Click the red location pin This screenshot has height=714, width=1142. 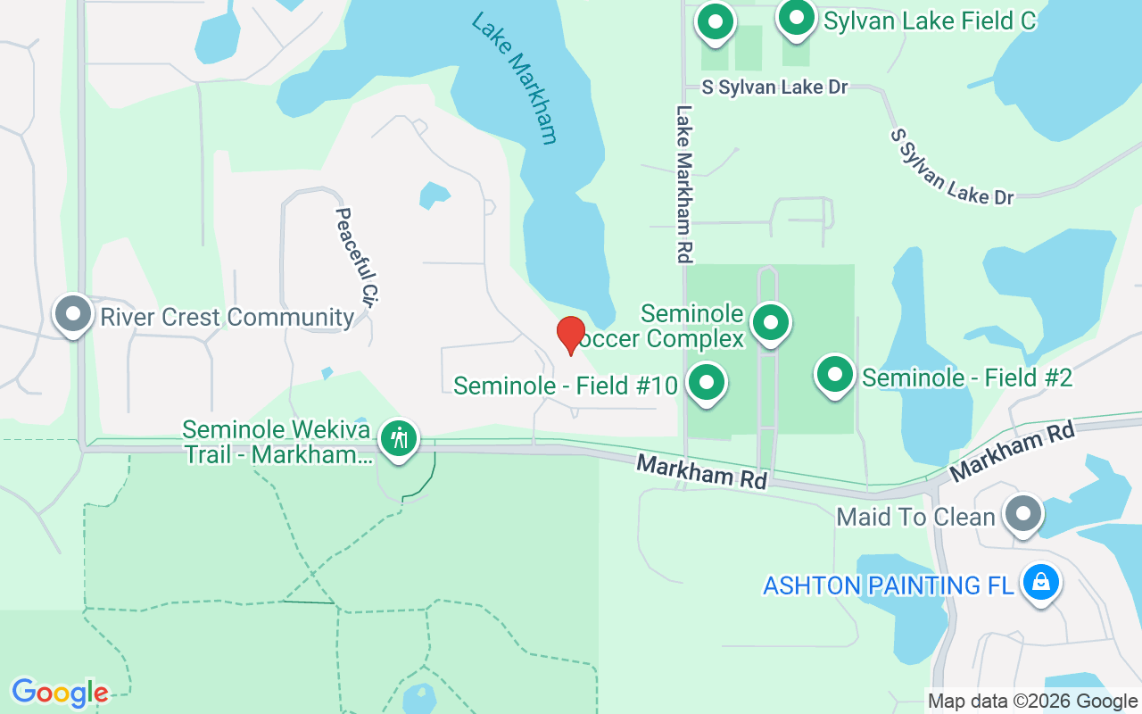click(x=571, y=335)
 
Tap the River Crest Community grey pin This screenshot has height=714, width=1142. click(x=72, y=314)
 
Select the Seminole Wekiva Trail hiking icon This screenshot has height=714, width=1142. click(x=398, y=438)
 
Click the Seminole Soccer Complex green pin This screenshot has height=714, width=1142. click(x=770, y=323)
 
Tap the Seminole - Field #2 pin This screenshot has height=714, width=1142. click(x=835, y=376)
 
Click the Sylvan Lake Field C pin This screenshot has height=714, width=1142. click(x=797, y=19)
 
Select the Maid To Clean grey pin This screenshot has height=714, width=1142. click(x=1023, y=514)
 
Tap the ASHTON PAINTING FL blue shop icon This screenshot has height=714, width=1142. click(x=1040, y=583)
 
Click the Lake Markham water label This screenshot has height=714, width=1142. click(x=515, y=77)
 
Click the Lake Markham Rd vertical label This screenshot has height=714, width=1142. click(x=684, y=184)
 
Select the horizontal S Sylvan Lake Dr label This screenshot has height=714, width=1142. click(x=774, y=87)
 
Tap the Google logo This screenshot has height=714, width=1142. click(x=60, y=693)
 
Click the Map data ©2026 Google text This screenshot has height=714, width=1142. click(x=1032, y=702)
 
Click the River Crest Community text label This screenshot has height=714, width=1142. click(x=228, y=317)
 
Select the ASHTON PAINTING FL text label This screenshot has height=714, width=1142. click(x=889, y=585)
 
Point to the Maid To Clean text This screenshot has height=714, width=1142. click(x=915, y=517)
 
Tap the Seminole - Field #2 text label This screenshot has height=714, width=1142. click(x=967, y=378)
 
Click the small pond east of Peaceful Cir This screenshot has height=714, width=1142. click(x=434, y=195)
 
